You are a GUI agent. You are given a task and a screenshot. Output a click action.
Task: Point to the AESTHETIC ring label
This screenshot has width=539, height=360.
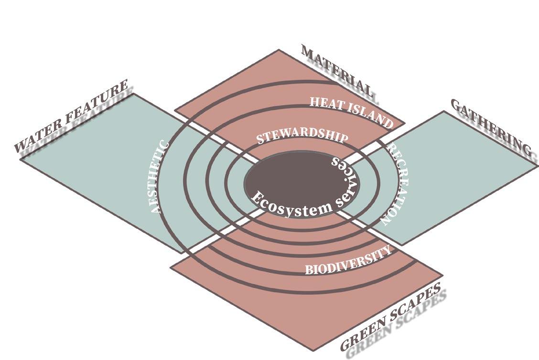pyautogui.click(x=158, y=178)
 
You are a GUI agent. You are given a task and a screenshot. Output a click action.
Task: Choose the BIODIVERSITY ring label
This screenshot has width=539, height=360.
pyautogui.click(x=348, y=261)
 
